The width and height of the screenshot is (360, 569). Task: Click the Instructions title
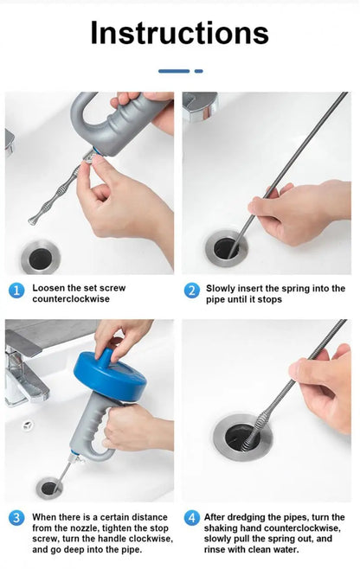[x=179, y=33]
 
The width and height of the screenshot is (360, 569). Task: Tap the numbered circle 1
[x=16, y=291]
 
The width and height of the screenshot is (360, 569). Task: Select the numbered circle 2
[x=191, y=291]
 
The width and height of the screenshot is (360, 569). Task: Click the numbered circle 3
[x=16, y=517]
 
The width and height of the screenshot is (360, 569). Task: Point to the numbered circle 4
[x=191, y=517]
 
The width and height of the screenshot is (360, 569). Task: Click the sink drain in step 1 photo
[x=40, y=258]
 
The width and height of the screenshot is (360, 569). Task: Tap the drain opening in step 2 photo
[x=226, y=248]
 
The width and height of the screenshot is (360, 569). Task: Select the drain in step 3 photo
[x=49, y=488]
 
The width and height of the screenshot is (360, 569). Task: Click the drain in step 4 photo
[x=242, y=438]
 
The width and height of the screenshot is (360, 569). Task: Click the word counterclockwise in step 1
[x=71, y=299]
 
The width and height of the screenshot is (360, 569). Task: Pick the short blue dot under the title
[x=199, y=71]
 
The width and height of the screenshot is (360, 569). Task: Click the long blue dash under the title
[x=174, y=71]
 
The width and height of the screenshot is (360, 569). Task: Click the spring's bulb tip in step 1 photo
[x=33, y=220]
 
